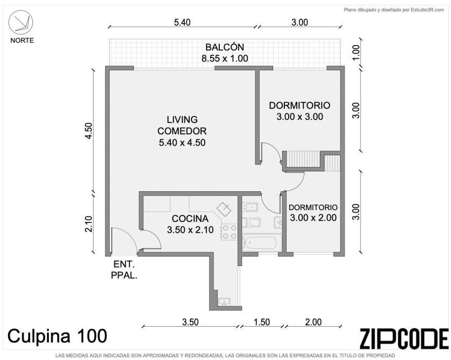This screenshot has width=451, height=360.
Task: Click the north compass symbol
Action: point(20,22)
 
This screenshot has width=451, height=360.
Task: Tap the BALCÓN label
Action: point(225,47)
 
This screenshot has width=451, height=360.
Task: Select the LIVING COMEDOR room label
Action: point(182,125)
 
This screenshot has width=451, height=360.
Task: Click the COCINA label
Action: point(190,219)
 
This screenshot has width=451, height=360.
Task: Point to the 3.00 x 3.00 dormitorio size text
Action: point(300,117)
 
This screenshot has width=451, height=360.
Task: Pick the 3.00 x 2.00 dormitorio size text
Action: point(313,218)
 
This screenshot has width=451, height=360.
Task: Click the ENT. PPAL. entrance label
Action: point(124,269)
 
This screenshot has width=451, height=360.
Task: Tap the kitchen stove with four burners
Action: point(230,232)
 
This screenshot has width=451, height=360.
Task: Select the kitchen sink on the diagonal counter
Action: point(224,209)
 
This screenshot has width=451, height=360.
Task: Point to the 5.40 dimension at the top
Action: point(182,22)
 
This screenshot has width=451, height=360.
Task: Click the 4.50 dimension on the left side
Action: point(89,131)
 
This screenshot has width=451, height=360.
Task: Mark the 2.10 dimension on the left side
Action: point(89,224)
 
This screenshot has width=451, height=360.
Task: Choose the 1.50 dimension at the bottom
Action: point(262,322)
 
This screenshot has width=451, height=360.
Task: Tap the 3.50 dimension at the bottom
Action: point(190,322)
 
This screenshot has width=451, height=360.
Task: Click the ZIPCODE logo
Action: point(404,339)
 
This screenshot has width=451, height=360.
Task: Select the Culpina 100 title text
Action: point(57,336)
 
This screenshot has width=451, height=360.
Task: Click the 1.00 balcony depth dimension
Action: point(356,53)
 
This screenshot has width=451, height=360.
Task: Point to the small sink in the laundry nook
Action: point(224,301)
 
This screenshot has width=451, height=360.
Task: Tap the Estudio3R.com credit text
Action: point(427,10)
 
